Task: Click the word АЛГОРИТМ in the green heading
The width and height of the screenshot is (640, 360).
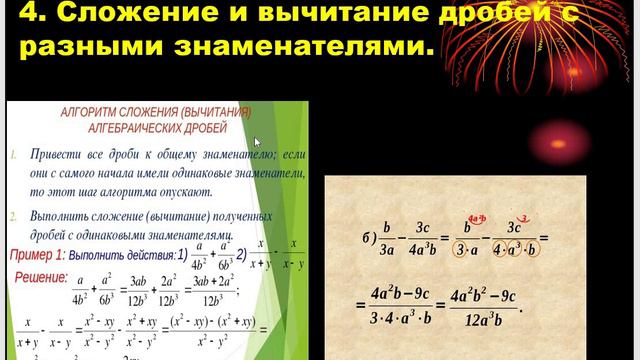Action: pyautogui.click(x=91, y=113)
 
